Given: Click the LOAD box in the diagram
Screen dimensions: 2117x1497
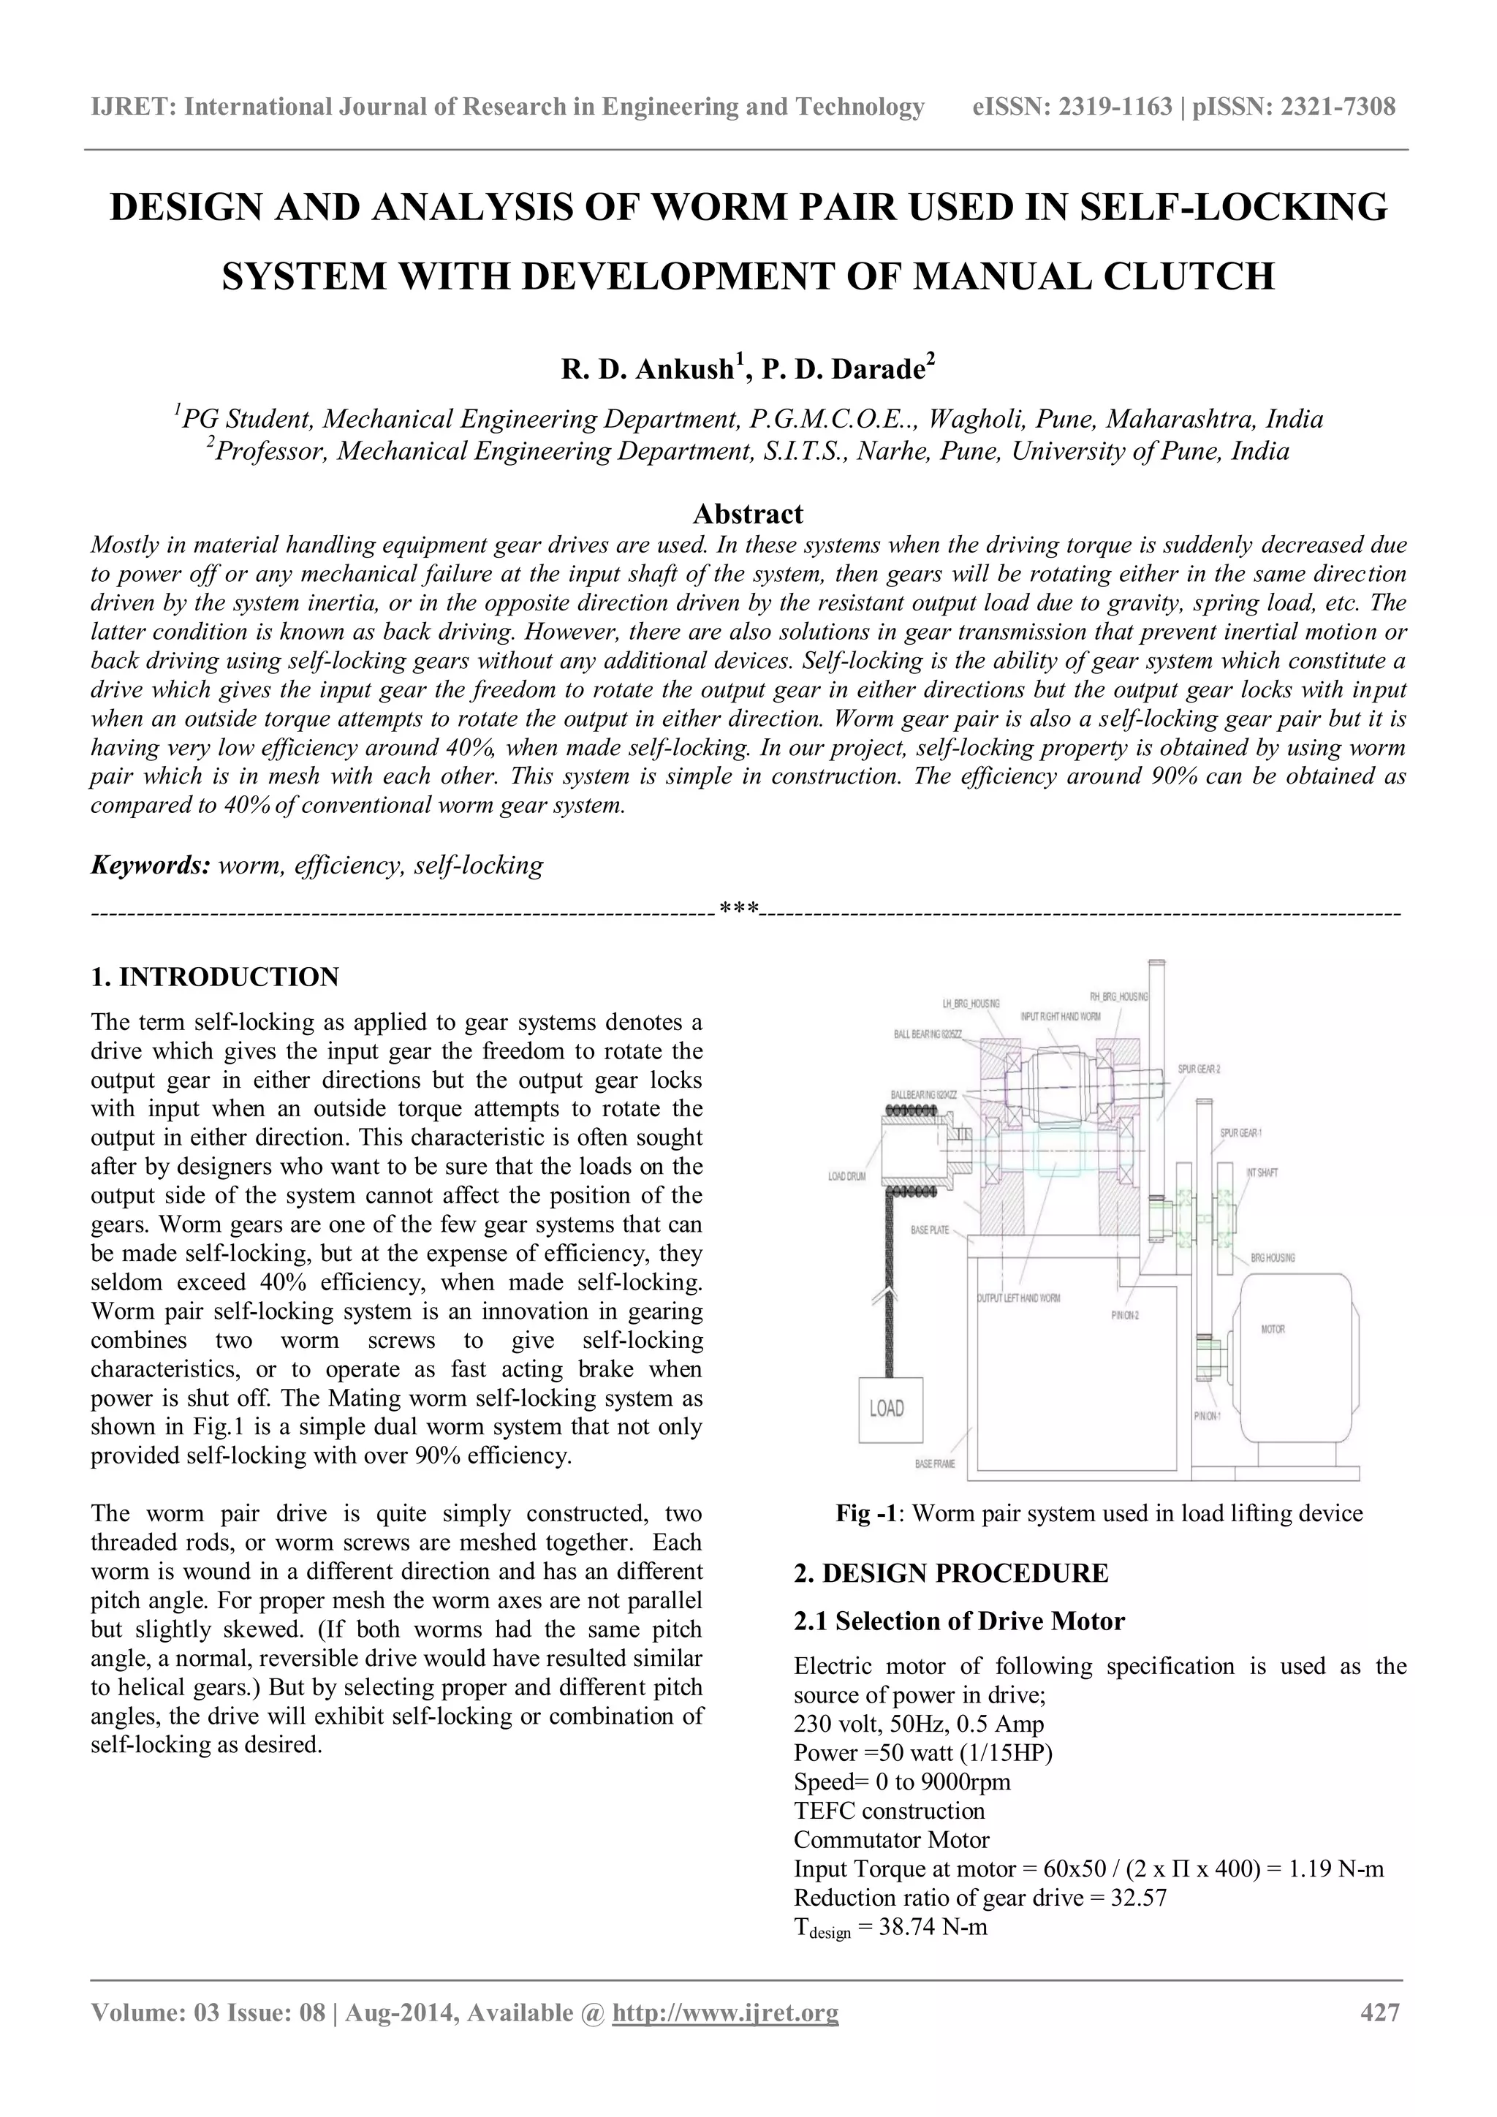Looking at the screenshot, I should [x=890, y=1408].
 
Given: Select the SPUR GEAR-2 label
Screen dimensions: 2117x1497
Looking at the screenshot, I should [x=1200, y=1069].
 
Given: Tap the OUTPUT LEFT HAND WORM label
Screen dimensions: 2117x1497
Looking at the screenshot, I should [x=1017, y=1298].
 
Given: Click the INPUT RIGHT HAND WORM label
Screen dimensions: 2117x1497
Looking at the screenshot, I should [x=1060, y=1015].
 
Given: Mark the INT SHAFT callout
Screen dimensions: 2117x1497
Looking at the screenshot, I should [x=1262, y=1172].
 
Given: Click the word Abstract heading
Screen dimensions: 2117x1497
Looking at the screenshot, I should [x=748, y=514].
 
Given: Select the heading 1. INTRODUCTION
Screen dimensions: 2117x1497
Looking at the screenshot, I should [x=215, y=977].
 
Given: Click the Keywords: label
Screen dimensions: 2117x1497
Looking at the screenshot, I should [x=151, y=866].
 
